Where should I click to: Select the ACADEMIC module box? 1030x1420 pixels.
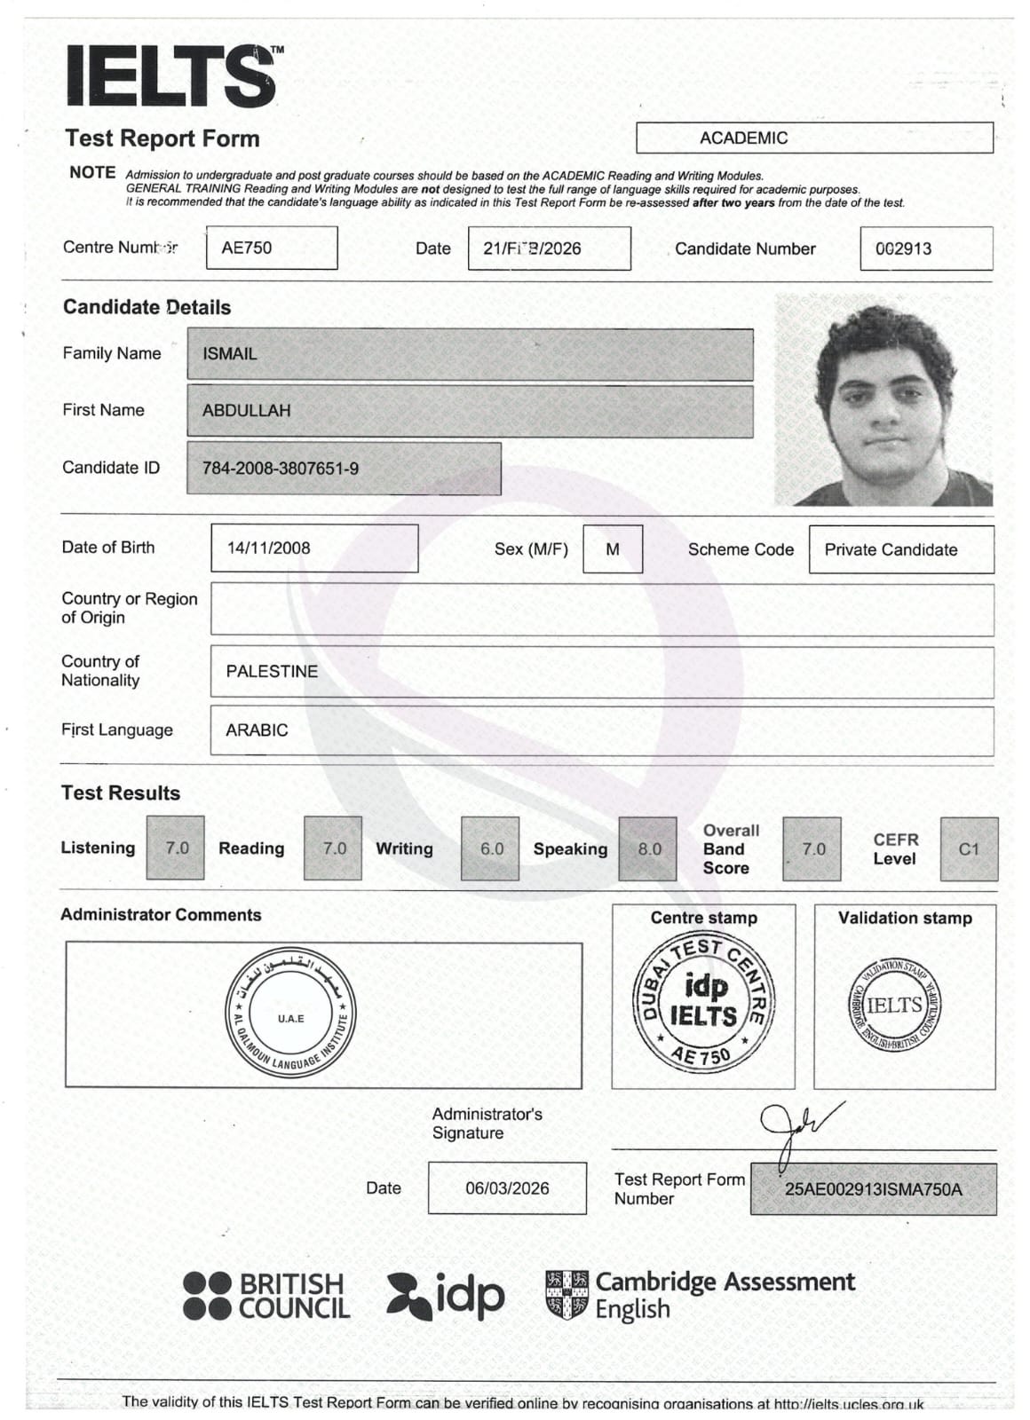813,138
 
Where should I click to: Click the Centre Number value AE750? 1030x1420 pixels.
247,248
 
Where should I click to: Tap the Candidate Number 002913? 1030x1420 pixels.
903,248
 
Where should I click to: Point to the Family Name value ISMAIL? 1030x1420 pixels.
230,354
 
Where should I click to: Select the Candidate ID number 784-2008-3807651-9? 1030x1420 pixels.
281,469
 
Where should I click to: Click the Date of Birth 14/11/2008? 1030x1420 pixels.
269,548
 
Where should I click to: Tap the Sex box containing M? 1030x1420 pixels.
613,549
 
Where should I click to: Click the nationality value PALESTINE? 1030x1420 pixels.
272,672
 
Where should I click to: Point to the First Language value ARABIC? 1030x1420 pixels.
257,730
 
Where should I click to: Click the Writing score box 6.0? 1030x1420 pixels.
491,849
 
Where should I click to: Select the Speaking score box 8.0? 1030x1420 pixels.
649,849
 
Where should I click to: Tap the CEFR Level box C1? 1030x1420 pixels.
969,849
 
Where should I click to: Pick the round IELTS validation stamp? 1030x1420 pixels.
894,1006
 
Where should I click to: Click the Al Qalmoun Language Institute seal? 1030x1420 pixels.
290,1012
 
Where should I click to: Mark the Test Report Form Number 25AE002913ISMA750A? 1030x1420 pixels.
873,1189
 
